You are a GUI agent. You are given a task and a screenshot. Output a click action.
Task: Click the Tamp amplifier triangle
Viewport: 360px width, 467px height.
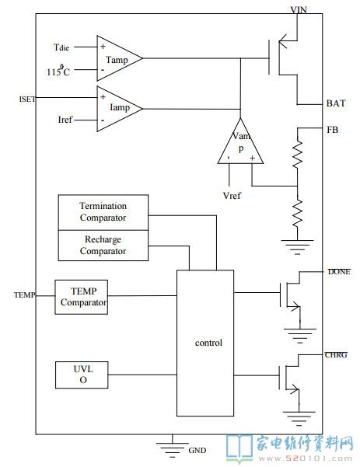click(119, 58)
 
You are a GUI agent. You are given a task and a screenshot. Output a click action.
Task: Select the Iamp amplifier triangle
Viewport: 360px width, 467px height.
click(119, 109)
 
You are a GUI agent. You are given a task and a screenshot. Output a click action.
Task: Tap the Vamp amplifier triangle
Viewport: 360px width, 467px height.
click(240, 141)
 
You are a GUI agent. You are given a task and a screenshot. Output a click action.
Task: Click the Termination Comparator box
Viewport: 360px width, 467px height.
click(103, 212)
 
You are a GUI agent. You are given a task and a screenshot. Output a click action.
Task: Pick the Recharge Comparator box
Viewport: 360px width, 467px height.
click(103, 246)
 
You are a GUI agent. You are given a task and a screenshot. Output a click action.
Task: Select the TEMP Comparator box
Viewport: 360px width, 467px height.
click(82, 297)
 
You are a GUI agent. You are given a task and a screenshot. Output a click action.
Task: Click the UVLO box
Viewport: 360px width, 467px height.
click(82, 375)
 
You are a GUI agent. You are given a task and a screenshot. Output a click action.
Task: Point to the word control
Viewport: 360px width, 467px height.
click(208, 343)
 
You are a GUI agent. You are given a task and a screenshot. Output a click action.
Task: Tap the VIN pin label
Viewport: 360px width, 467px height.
click(299, 10)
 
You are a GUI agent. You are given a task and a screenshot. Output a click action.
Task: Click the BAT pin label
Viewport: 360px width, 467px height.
click(336, 103)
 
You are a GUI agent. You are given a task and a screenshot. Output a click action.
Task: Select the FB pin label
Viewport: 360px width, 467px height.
click(332, 130)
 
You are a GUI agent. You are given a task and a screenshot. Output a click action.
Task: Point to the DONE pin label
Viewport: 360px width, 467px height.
click(339, 272)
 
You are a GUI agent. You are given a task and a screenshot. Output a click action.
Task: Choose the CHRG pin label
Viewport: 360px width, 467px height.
click(336, 354)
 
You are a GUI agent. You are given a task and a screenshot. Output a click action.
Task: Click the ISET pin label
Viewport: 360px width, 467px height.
click(27, 99)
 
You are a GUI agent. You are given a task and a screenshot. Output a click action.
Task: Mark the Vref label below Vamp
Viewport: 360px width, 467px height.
click(232, 196)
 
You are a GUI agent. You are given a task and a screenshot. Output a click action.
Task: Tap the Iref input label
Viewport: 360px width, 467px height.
click(65, 120)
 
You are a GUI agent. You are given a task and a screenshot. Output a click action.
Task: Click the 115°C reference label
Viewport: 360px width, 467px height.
click(58, 71)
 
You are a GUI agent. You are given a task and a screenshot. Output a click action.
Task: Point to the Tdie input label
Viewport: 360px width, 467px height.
click(61, 47)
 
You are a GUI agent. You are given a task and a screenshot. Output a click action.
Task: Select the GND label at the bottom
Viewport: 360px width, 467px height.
click(197, 450)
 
